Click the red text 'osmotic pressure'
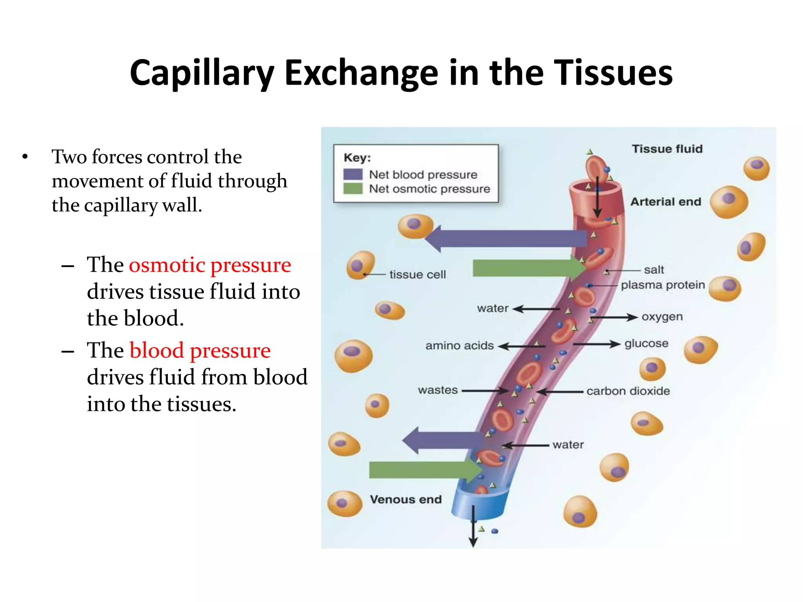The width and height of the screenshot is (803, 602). pos(210,265)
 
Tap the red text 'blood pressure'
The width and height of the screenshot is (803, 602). pos(200,350)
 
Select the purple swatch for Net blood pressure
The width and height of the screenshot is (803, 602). pos(352,174)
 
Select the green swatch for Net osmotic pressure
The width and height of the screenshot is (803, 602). pos(352,189)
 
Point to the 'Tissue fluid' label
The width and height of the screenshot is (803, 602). pos(667,149)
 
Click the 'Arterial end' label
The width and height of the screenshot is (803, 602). pos(665,202)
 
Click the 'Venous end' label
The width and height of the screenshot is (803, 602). pos(406,499)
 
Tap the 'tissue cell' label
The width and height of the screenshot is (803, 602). pos(417,274)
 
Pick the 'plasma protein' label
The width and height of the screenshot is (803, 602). pos(663,285)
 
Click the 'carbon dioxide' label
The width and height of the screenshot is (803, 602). pos(628,391)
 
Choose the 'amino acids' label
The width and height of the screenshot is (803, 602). pos(460,346)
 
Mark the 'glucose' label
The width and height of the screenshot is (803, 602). pos(646,344)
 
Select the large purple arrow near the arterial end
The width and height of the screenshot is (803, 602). pos(506,238)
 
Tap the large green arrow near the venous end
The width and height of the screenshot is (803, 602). pos(423,470)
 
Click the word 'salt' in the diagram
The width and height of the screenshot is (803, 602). pos(654,270)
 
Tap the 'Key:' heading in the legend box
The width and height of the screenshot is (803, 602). pos(357,158)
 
